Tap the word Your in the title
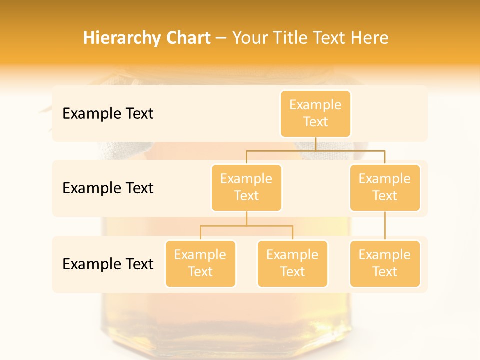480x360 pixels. coord(250,38)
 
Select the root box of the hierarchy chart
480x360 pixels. coord(315,114)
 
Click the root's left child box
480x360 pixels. coord(246,188)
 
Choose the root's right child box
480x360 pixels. coord(385,188)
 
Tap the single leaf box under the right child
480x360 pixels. coord(385,264)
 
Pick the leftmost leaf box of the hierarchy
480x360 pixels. coord(200,264)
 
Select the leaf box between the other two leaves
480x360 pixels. coord(292,264)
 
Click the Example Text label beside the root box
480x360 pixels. coord(108,114)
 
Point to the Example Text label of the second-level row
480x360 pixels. coord(108,188)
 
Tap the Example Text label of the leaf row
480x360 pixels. coord(108,264)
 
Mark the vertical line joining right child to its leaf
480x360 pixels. coord(385,226)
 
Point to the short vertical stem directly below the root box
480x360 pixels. coord(315,144)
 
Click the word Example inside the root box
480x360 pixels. coord(315,105)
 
